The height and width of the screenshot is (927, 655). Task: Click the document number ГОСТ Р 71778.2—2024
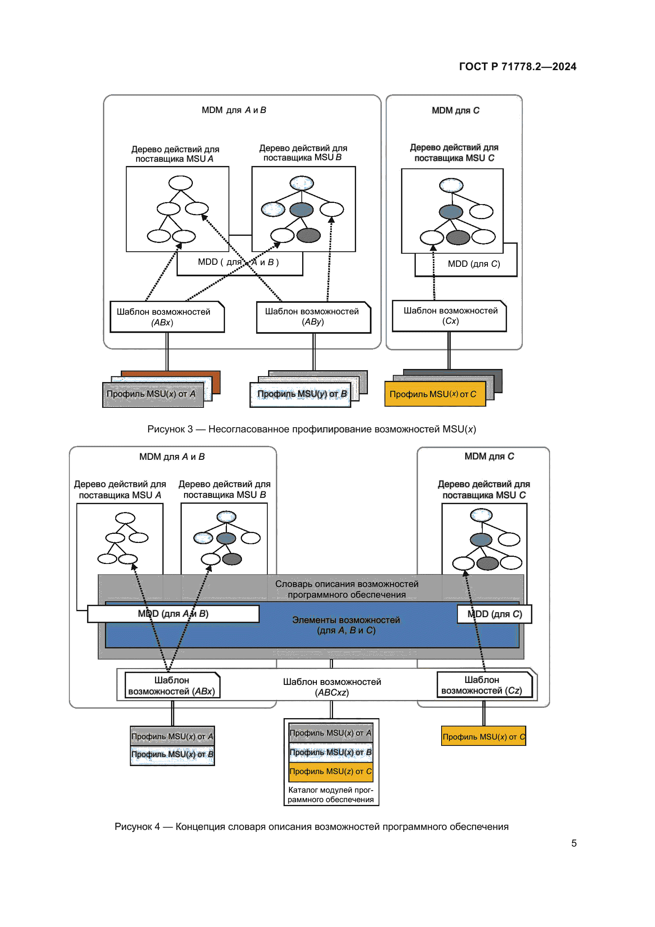pyautogui.click(x=518, y=67)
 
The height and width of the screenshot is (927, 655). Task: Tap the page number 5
pyautogui.click(x=573, y=843)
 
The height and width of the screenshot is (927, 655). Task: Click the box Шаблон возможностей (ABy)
pyautogui.click(x=313, y=317)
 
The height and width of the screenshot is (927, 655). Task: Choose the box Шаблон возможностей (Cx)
pyautogui.click(x=450, y=316)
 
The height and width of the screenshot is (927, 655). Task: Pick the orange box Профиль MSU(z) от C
pyautogui.click(x=331, y=771)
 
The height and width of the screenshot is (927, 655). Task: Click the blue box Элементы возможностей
pyautogui.click(x=346, y=625)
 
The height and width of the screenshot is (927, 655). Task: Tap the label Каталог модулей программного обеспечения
pyautogui.click(x=331, y=795)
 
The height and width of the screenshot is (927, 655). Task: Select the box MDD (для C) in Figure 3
pyautogui.click(x=474, y=264)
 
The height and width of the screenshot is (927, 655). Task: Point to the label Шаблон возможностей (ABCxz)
pyautogui.click(x=331, y=687)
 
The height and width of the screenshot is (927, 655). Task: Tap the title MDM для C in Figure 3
pyautogui.click(x=455, y=111)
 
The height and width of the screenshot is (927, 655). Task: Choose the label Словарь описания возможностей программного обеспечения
pyautogui.click(x=347, y=589)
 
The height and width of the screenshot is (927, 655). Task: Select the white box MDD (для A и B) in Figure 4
pyautogui.click(x=173, y=614)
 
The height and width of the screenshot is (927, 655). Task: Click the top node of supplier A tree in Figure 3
pyautogui.click(x=180, y=183)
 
